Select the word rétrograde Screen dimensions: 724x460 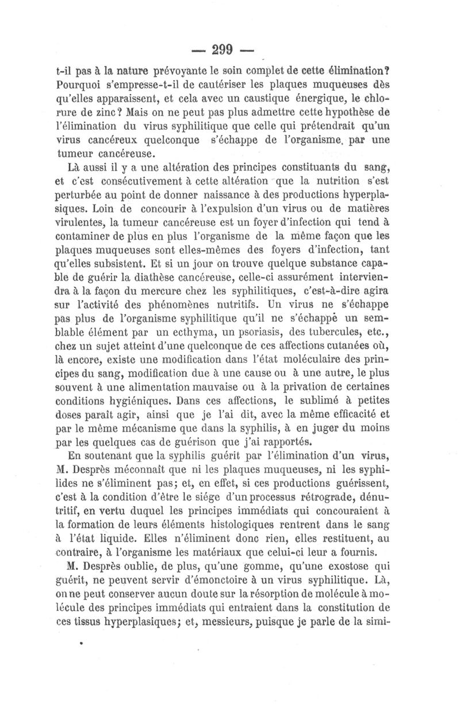click(333, 486)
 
